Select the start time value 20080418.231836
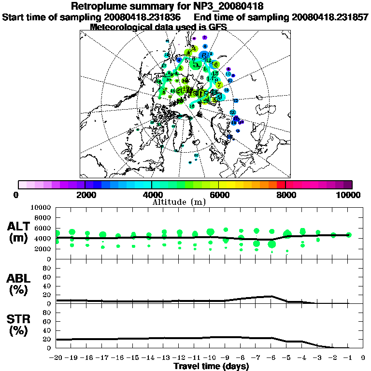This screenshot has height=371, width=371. [142, 17]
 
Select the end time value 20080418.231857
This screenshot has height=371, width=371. [330, 17]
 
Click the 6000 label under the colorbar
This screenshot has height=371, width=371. [218, 195]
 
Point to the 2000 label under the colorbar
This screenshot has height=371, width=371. [85, 195]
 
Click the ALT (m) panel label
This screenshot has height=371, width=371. [19, 232]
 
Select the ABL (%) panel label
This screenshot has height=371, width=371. [19, 285]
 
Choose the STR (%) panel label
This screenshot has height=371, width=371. [19, 325]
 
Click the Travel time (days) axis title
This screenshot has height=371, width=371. [211, 367]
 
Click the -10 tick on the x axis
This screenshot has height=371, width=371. [210, 357]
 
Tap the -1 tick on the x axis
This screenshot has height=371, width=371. [348, 357]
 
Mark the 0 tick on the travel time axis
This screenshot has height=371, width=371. [363, 357]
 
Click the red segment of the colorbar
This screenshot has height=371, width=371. [280, 184]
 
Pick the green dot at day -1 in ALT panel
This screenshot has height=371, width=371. [349, 235]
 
